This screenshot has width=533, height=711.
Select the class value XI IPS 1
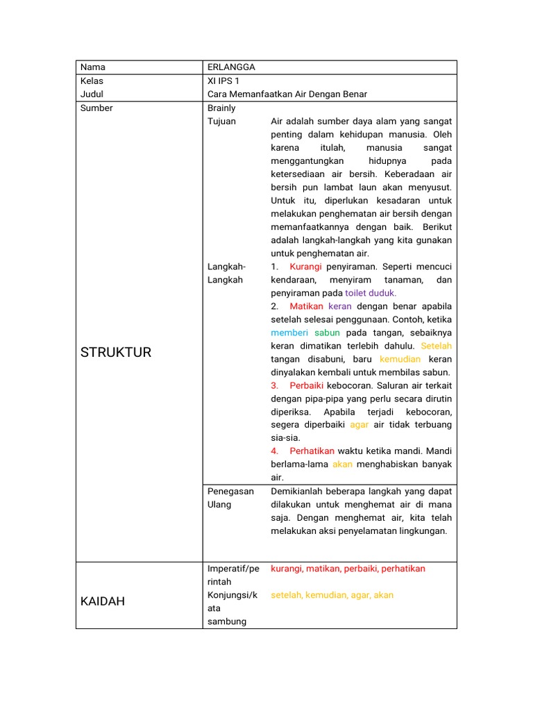223,81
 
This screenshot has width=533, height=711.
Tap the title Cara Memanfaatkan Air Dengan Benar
287,94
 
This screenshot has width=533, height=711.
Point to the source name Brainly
221,108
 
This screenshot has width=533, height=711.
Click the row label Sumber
96,108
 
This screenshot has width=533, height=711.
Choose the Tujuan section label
221,122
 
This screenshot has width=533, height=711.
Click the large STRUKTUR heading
115,352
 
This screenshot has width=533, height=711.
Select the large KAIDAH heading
103,601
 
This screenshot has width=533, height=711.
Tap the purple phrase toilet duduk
371,293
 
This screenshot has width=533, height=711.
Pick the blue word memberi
289,333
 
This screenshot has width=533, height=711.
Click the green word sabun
327,333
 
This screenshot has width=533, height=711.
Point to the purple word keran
340,306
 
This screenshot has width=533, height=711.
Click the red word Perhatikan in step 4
312,451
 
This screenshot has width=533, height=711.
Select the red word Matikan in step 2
306,306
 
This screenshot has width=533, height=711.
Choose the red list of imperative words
348,569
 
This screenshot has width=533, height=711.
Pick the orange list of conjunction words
332,595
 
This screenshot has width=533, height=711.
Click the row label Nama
93,67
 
